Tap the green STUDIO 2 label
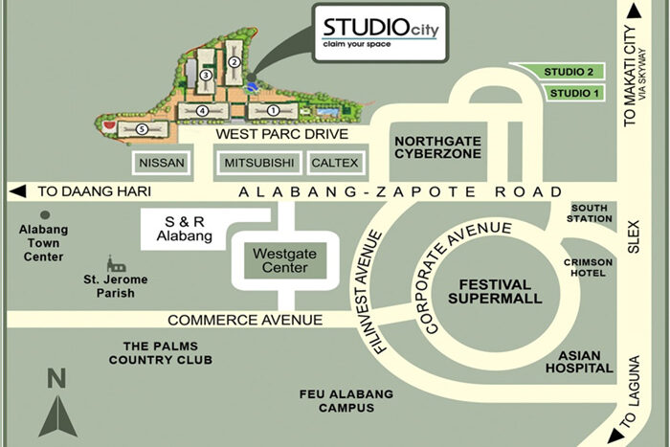[568, 72]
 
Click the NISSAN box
[162, 164]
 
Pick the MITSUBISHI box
[259, 164]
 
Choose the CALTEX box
[335, 164]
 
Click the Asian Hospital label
[579, 361]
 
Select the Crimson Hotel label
[589, 267]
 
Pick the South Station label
[591, 212]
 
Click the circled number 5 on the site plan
[142, 127]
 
